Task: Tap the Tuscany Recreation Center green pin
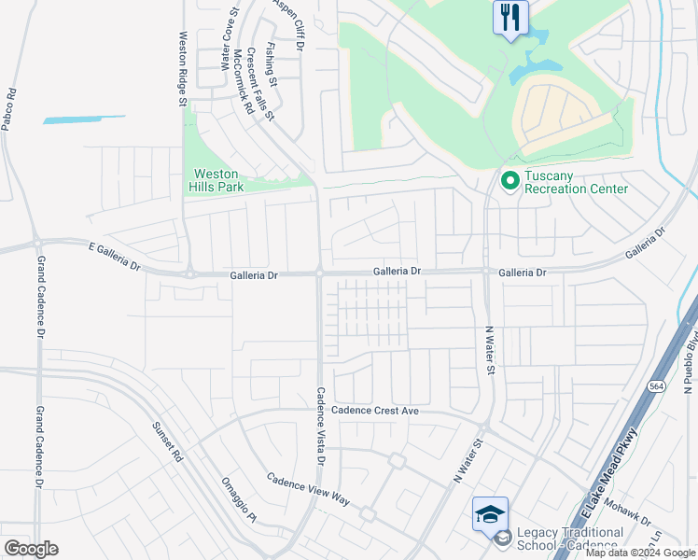(510, 180)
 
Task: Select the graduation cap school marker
(490, 514)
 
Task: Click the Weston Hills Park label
(216, 181)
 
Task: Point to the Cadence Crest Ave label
(376, 411)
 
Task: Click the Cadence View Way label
(308, 489)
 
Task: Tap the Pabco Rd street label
(8, 108)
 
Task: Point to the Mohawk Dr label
(644, 513)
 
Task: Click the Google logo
(31, 549)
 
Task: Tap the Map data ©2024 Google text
(640, 553)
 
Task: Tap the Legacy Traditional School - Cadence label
(568, 539)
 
